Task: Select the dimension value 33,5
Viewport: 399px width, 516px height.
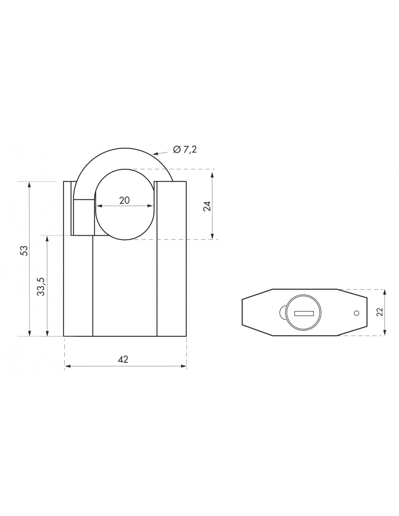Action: pos(41,286)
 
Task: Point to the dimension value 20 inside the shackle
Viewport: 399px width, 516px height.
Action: pos(124,200)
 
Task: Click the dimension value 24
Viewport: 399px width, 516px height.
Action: pos(207,206)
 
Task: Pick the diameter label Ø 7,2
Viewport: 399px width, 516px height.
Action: pos(185,149)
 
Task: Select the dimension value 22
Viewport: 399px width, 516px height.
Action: pos(379,312)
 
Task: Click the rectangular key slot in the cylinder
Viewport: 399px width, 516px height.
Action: pos(304,313)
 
